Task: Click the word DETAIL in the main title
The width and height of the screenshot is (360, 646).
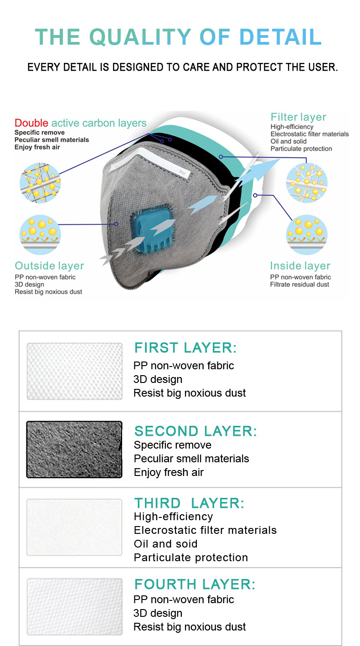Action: [280, 37]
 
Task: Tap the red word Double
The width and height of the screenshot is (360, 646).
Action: [31, 123]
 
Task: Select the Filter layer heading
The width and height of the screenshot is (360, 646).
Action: [298, 117]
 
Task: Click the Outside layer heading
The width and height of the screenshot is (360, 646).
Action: [49, 266]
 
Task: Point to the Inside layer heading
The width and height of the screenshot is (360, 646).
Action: [300, 266]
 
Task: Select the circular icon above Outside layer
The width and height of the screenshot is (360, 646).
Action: [40, 235]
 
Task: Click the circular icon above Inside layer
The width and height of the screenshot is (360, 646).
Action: [307, 235]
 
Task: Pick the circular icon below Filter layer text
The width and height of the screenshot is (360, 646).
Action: [307, 183]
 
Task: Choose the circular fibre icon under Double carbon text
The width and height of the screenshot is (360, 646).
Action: [40, 183]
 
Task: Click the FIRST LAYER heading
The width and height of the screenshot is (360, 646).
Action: [185, 347]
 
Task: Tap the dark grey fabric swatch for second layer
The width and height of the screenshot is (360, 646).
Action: [74, 450]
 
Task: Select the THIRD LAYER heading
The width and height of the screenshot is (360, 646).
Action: [189, 503]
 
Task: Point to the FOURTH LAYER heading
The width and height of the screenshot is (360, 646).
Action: [195, 584]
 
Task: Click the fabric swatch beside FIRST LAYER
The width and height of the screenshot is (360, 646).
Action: [75, 372]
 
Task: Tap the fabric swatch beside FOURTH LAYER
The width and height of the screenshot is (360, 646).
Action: [75, 606]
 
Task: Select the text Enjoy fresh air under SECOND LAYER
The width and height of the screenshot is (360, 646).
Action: [169, 472]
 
